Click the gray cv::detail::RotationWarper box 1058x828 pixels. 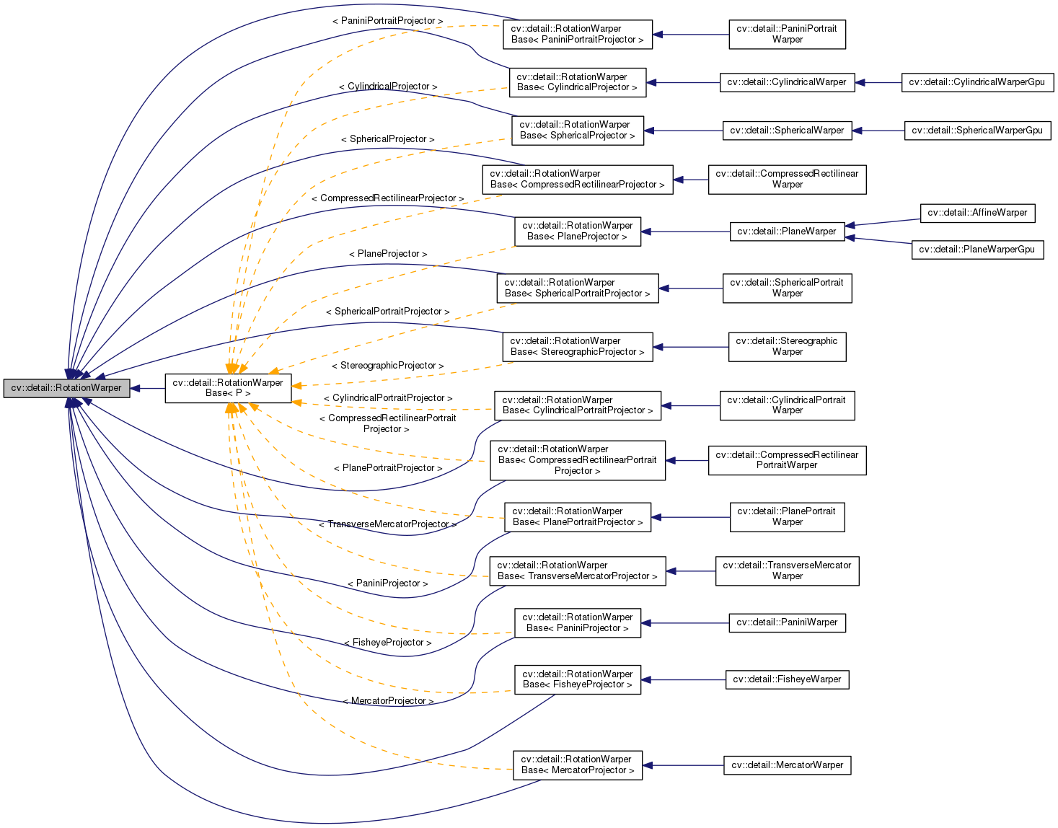pyautogui.click(x=66, y=388)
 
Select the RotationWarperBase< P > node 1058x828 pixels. pyautogui.click(x=228, y=388)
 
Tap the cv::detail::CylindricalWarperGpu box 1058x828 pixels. pyautogui.click(x=977, y=82)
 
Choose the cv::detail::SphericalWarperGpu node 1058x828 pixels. pyautogui.click(x=977, y=131)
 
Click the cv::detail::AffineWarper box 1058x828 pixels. pyautogui.click(x=977, y=213)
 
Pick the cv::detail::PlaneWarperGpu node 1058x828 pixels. pyautogui.click(x=977, y=250)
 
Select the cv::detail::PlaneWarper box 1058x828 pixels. pyautogui.click(x=787, y=232)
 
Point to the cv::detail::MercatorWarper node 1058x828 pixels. pyautogui.click(x=787, y=765)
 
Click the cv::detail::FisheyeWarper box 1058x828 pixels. pyautogui.click(x=787, y=679)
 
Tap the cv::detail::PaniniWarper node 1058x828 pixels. pyautogui.click(x=787, y=622)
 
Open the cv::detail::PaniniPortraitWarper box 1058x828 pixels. pyautogui.click(x=787, y=35)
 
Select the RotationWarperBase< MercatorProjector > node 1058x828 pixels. pyautogui.click(x=578, y=765)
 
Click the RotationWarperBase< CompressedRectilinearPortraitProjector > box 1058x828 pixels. pyautogui.click(x=578, y=460)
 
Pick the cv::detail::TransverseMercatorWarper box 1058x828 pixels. pyautogui.click(x=787, y=571)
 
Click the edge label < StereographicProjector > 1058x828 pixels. pyautogui.click(x=387, y=366)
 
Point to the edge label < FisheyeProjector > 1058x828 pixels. pyautogui.click(x=387, y=643)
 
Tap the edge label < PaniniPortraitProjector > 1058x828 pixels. pyautogui.click(x=387, y=21)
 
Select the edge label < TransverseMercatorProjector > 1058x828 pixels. pyautogui.click(x=387, y=524)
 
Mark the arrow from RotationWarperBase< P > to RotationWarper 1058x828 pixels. pyautogui.click(x=148, y=388)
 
